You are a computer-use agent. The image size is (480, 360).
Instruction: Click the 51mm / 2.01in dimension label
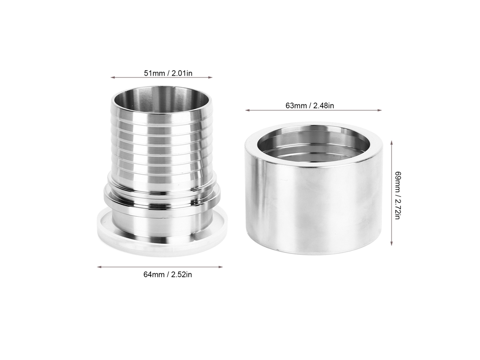168,73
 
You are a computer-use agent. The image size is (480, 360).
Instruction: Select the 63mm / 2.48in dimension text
309,106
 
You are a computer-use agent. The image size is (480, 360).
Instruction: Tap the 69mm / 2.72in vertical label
397,195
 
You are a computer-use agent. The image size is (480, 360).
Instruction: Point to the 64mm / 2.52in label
168,275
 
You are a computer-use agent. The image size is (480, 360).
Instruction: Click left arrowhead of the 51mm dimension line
112,77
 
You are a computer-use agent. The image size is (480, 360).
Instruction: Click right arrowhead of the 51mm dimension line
210,77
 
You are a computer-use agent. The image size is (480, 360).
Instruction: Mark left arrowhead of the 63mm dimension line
247,110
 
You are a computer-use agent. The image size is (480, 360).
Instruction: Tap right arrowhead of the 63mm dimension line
380,110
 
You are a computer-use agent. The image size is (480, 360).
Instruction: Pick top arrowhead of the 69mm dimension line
392,143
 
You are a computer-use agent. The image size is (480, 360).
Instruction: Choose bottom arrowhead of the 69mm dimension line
392,244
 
